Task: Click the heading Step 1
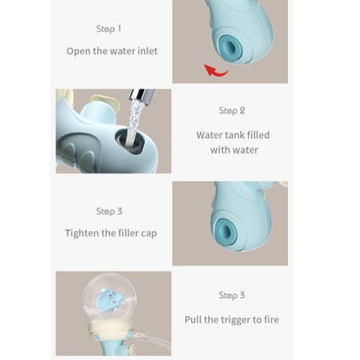109,29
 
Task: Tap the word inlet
147,51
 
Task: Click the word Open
79,51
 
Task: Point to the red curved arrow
217,70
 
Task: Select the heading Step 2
231,111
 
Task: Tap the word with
219,150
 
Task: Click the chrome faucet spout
141,95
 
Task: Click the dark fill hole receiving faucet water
131,141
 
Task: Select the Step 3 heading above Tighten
109,212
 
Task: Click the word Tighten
82,233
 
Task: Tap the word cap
149,234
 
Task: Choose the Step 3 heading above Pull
231,295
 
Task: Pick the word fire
271,320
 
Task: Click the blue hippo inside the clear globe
109,300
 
